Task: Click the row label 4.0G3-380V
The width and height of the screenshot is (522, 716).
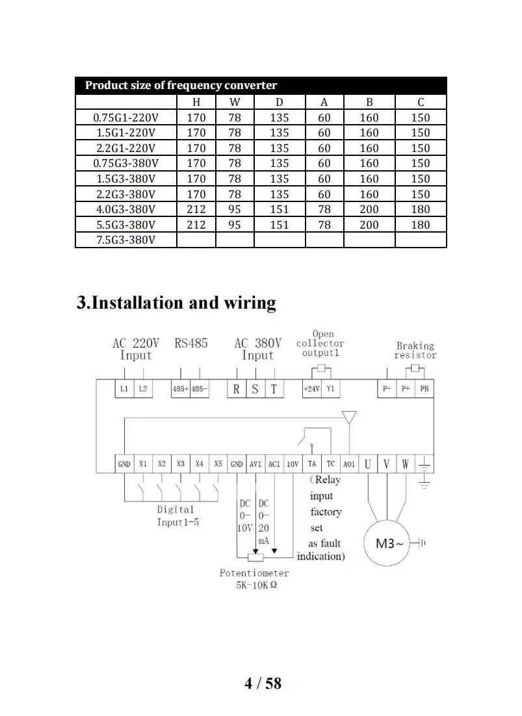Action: (x=125, y=209)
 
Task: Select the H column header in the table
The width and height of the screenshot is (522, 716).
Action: (x=196, y=102)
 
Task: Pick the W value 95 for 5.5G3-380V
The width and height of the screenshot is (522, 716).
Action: (x=234, y=225)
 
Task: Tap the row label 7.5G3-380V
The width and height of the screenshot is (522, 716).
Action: (x=125, y=240)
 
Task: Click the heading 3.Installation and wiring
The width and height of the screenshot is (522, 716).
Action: (x=176, y=303)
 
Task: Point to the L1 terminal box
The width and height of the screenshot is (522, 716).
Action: (x=124, y=389)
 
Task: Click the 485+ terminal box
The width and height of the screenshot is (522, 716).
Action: (x=180, y=389)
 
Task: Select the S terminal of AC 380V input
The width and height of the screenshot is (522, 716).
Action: (x=255, y=389)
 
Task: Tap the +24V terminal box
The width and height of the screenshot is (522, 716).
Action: (x=312, y=389)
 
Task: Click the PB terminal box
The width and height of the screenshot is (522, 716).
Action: (x=424, y=389)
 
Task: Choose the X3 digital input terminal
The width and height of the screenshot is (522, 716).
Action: (x=181, y=464)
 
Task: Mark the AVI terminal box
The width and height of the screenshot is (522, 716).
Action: (x=255, y=464)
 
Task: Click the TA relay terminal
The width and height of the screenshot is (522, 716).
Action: (x=312, y=464)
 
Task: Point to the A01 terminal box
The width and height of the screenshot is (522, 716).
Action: (x=350, y=464)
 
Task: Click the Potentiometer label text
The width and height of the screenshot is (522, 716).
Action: (x=254, y=573)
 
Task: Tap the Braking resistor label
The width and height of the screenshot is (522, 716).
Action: (x=415, y=350)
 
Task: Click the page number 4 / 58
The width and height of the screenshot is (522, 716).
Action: (x=263, y=683)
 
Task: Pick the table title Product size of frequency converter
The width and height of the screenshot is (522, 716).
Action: (x=181, y=85)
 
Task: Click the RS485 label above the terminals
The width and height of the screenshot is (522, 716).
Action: (x=191, y=343)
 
